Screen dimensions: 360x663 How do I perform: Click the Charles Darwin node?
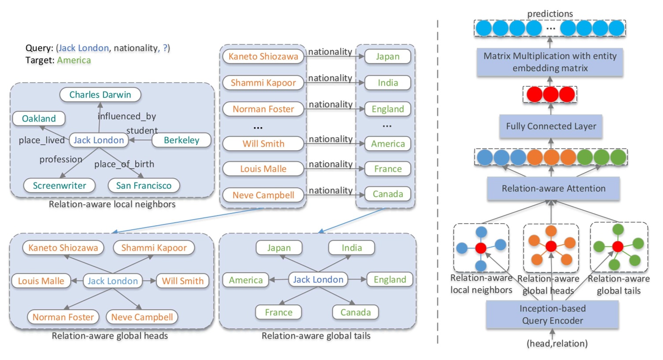pyautogui.click(x=100, y=95)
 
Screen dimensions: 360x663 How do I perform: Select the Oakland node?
pyautogui.click(x=39, y=118)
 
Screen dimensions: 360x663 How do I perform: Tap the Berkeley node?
pyautogui.click(x=181, y=140)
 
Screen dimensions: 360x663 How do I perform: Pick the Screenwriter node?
pyautogui.click(x=59, y=186)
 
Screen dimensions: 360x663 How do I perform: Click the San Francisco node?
pyautogui.click(x=143, y=186)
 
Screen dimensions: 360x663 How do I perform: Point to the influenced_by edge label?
pyautogui.click(x=127, y=116)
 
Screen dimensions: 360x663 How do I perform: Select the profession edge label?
pyautogui.click(x=60, y=159)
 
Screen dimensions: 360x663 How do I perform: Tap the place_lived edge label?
pyautogui.click(x=41, y=140)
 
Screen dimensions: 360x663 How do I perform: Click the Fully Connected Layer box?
pyautogui.click(x=550, y=126)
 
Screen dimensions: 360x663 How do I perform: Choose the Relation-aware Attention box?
pyautogui.click(x=553, y=189)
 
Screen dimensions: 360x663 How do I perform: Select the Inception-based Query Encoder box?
pyautogui.click(x=552, y=315)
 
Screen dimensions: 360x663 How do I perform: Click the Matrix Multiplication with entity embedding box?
pyautogui.click(x=550, y=62)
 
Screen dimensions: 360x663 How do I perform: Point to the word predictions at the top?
pyautogui.click(x=550, y=14)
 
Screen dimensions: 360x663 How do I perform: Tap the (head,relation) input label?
pyautogui.click(x=557, y=344)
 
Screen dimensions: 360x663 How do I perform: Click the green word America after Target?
pyautogui.click(x=74, y=60)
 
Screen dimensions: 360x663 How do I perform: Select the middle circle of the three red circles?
pyautogui.click(x=550, y=94)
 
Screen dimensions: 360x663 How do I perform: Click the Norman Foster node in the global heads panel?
pyautogui.click(x=63, y=317)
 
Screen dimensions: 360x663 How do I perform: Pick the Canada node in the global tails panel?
pyautogui.click(x=355, y=312)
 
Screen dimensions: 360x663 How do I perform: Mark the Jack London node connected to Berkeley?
pyautogui.click(x=98, y=140)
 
